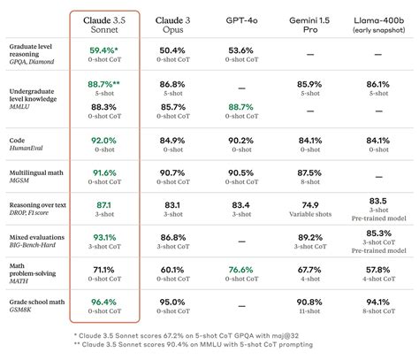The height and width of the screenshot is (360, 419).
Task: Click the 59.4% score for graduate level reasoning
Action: click(x=103, y=50)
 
